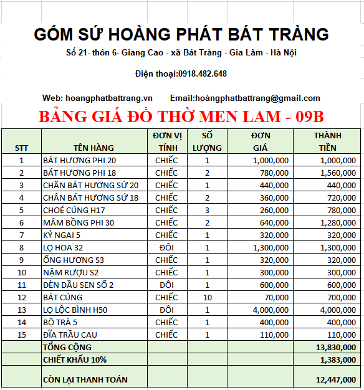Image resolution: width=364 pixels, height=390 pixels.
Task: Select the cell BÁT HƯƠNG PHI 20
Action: click(80, 160)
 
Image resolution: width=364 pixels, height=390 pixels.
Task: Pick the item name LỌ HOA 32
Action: click(62, 247)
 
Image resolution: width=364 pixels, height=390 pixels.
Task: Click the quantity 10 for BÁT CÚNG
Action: click(208, 297)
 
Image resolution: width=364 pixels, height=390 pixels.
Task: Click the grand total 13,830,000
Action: click(336, 347)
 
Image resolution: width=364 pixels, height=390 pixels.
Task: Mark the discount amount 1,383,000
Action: click(338, 359)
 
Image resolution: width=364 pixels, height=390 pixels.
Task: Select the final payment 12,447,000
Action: click(336, 379)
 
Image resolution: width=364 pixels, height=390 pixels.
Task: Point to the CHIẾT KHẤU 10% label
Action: click(75, 359)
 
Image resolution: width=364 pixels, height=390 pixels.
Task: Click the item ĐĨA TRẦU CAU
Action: click(70, 335)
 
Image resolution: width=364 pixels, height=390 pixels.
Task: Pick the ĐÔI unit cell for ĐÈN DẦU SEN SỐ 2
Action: click(166, 285)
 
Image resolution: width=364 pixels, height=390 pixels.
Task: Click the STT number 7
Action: click(21, 235)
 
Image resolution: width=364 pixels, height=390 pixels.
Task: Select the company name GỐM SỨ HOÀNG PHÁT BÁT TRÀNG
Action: click(181, 34)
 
